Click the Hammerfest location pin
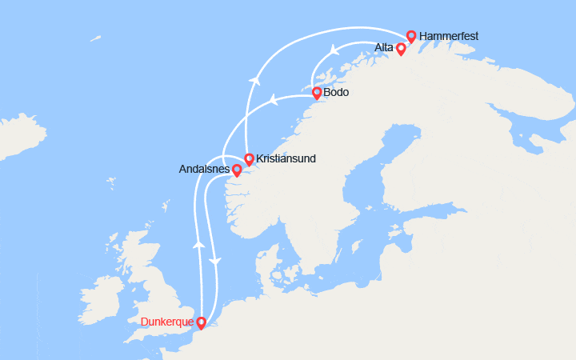point(411,36)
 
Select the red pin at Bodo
point(317,93)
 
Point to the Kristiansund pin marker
point(249,159)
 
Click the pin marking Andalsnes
point(237,170)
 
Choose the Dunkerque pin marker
point(201,323)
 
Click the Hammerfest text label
point(449,35)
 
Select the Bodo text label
point(336,93)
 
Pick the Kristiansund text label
point(286,159)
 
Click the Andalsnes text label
point(205,170)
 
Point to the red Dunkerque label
point(167,322)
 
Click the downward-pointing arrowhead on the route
point(214,261)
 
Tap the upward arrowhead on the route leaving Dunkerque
point(197,243)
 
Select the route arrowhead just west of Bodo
point(272,100)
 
